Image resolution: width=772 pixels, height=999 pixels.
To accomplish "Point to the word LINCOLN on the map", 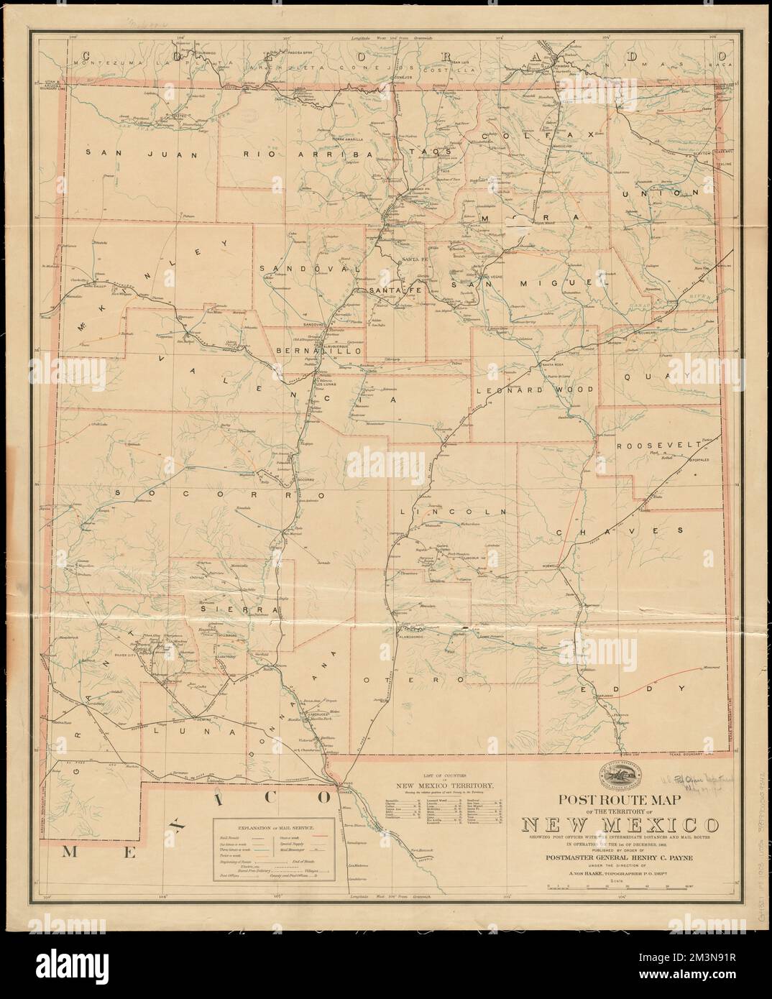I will click(x=452, y=512).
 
